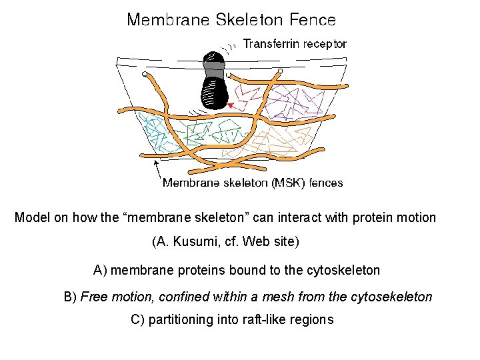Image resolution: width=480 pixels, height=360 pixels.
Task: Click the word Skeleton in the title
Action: point(247,19)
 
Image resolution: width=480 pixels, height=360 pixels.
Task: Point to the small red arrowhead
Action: point(230,106)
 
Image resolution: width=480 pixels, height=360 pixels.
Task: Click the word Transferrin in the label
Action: point(271,44)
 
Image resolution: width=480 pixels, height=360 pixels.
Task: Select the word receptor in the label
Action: point(325,44)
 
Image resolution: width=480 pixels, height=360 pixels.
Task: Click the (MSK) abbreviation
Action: point(289,182)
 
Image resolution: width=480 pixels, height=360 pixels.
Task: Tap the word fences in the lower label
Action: point(327,182)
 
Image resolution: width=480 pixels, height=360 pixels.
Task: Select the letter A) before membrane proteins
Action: point(100,270)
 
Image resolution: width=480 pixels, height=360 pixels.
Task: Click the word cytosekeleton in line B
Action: point(393,296)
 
